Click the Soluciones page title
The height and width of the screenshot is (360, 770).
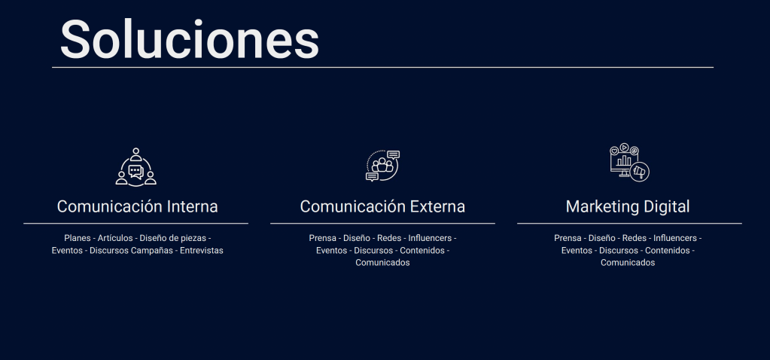190,39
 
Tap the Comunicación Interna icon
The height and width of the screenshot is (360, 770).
136,167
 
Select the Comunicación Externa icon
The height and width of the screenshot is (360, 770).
383,166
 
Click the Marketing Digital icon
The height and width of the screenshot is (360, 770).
629,163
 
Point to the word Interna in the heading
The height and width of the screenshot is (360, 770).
193,206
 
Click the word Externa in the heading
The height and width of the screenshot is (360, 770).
437,206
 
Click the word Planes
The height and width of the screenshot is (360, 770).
77,238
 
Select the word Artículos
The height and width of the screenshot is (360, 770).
115,238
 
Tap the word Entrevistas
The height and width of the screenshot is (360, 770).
201,251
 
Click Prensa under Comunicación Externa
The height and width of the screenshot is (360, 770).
323,238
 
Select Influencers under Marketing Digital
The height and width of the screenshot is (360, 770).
674,238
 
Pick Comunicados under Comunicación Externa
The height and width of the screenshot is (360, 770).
382,263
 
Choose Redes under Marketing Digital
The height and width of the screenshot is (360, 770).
635,238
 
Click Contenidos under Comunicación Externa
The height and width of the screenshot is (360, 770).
422,251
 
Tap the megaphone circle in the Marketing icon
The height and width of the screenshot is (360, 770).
639,172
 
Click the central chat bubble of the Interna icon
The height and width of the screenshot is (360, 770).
135,172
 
